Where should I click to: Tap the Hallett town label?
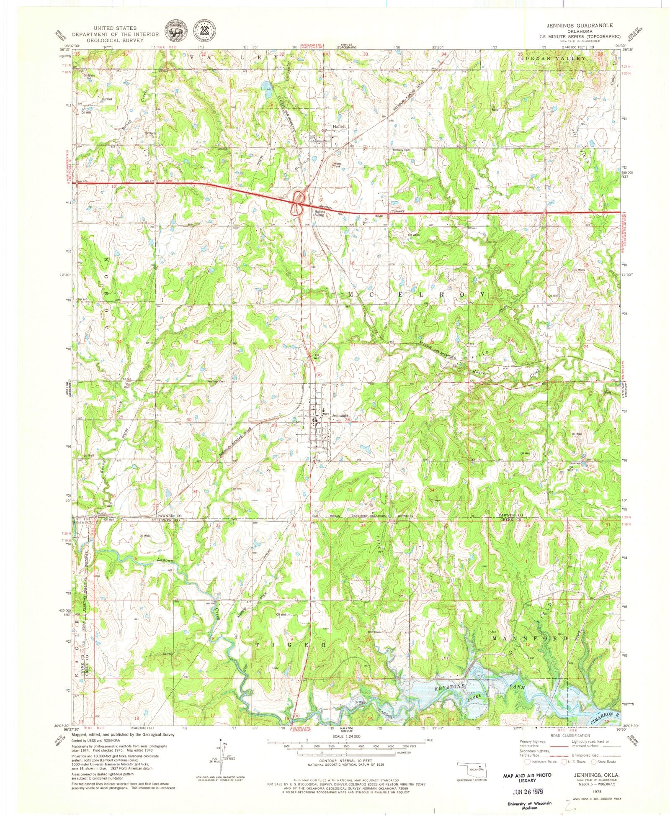click(x=339, y=126)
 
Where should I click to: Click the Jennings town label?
click(x=340, y=416)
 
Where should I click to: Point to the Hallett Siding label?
click(x=319, y=213)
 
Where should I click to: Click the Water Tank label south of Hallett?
click(x=337, y=165)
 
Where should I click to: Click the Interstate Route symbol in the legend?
click(x=522, y=762)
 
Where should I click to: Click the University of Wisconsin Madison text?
click(x=529, y=806)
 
